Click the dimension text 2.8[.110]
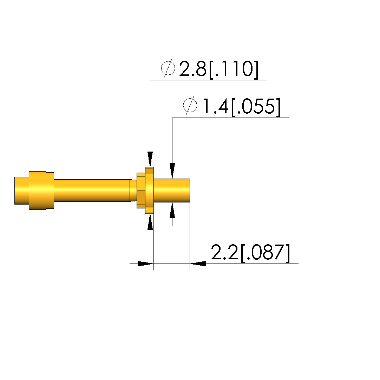click(x=219, y=69)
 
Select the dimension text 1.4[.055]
click(x=241, y=107)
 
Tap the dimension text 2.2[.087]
click(x=250, y=253)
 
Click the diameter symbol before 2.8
click(x=168, y=68)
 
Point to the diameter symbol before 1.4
click(x=190, y=106)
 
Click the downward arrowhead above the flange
click(x=150, y=159)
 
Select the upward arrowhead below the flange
click(x=150, y=222)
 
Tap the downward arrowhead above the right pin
click(x=172, y=171)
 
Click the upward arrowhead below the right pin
click(x=172, y=210)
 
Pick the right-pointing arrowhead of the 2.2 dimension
click(x=145, y=264)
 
